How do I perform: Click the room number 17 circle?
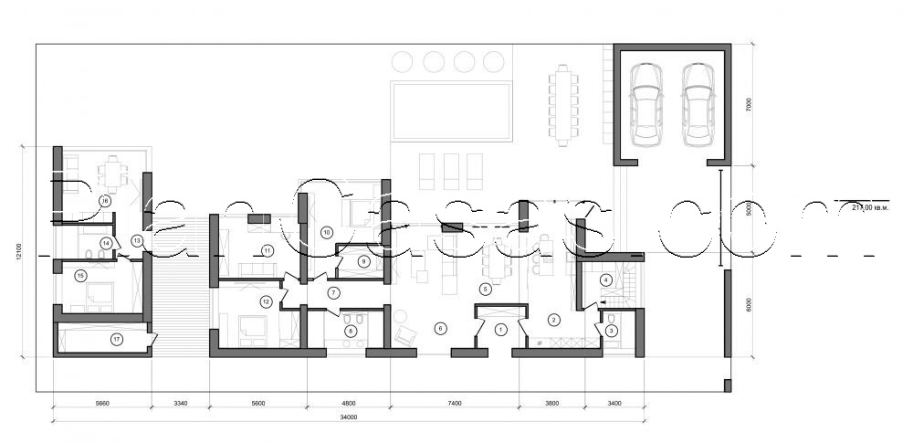[117, 340]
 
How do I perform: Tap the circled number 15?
[80, 275]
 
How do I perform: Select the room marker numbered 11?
[268, 249]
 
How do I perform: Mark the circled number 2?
[553, 319]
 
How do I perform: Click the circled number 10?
[325, 233]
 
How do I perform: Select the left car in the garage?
[646, 104]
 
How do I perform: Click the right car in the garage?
[698, 104]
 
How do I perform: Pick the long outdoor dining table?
[563, 104]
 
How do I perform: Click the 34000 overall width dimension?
[348, 417]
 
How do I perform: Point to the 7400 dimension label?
[454, 402]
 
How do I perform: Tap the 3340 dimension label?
[180, 402]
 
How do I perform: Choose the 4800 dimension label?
[348, 402]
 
